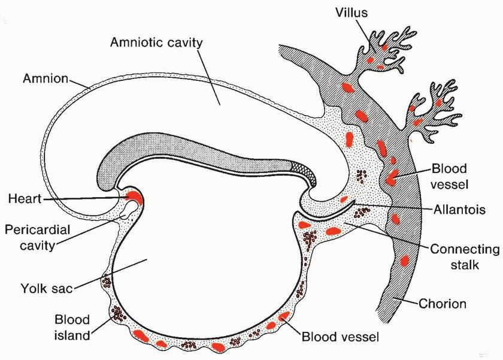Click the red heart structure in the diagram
tap(134, 196)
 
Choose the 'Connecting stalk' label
tap(461, 256)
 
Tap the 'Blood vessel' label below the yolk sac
tap(340, 337)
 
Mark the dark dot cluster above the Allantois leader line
tap(360, 176)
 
